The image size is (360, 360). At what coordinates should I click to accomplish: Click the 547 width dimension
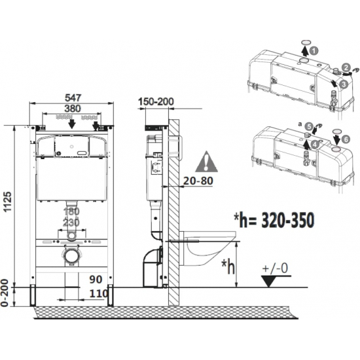click(73, 97)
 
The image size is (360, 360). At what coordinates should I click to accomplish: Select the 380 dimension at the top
click(73, 109)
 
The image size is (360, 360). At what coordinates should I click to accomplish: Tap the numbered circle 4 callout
click(315, 143)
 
